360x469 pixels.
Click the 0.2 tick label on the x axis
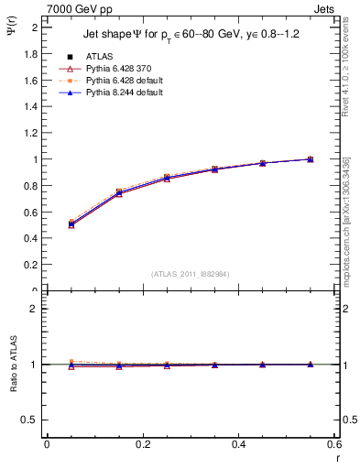point(143,446)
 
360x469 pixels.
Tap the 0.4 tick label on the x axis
point(238,446)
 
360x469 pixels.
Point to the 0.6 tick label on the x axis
point(333,446)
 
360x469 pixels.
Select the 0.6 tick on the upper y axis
point(31,213)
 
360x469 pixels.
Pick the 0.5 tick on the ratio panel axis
point(31,420)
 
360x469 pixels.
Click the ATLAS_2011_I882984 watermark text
point(190,274)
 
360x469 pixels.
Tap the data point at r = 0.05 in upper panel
point(71,224)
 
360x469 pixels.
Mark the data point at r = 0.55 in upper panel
point(311,159)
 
